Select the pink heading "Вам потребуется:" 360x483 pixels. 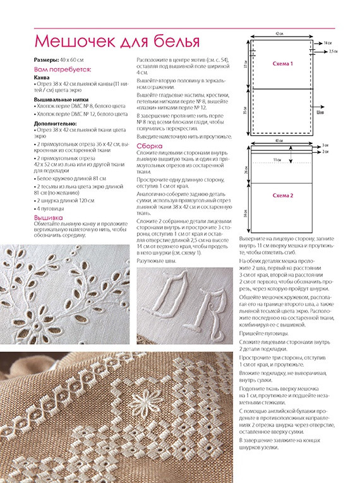[63, 69]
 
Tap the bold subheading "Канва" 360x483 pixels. [42, 78]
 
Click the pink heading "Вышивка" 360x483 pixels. [49, 218]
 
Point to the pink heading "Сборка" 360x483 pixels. [150, 146]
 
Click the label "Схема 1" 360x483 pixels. [283, 64]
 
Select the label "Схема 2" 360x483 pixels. [283, 196]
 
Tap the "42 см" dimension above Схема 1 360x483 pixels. [279, 33]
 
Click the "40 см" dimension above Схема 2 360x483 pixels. [279, 140]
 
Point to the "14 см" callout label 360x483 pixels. [327, 44]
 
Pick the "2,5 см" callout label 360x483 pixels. [333, 51]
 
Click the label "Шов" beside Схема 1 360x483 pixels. [320, 113]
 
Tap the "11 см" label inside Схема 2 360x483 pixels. [277, 160]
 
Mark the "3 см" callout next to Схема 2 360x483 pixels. [325, 145]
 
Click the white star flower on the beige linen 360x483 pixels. [144, 402]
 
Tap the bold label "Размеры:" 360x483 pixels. [46, 60]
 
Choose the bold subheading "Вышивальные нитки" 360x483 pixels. [61, 100]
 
